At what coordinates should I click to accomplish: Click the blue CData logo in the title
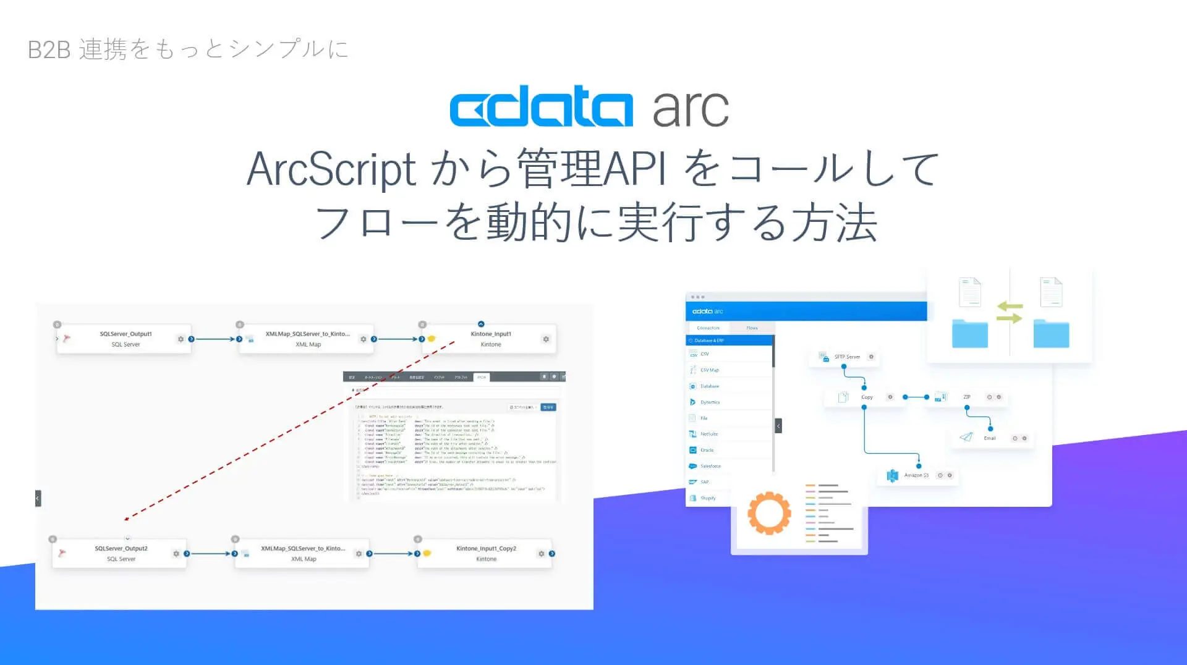541,109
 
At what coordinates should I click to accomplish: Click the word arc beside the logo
691,109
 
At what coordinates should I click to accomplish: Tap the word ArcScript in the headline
331,169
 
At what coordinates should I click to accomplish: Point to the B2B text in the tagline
49,49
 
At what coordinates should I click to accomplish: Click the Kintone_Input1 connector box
490,339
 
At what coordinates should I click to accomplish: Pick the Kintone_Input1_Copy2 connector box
486,553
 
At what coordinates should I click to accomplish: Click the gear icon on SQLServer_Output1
181,339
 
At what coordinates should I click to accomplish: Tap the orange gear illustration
769,512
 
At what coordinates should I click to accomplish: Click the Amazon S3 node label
916,475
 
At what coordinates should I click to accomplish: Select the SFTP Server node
846,357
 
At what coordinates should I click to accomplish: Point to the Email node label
989,438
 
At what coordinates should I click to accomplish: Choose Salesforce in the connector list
710,466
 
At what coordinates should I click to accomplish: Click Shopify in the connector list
708,498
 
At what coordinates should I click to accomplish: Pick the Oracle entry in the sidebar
707,450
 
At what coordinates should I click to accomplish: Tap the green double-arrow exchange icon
1009,312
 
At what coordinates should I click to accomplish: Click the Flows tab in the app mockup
752,328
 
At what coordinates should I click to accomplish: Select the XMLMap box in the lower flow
303,553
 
